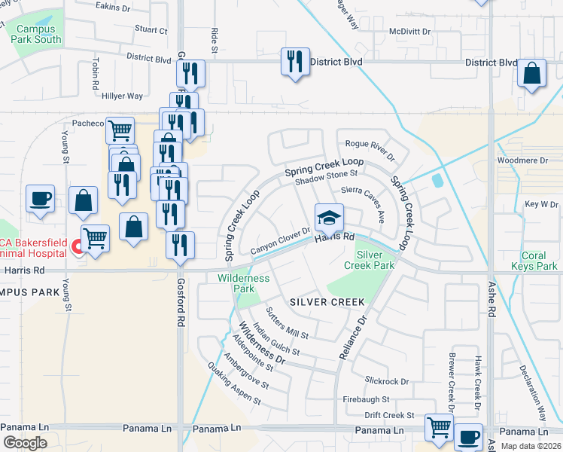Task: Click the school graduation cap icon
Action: (329, 218)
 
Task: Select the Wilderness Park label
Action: (243, 283)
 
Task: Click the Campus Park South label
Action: (37, 34)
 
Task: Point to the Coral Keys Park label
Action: (534, 261)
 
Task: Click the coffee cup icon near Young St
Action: (41, 200)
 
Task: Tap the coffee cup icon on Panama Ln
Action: (470, 436)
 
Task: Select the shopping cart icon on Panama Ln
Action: (439, 427)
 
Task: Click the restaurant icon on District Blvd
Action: (295, 60)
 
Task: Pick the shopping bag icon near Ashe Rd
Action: (531, 74)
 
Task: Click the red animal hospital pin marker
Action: (76, 246)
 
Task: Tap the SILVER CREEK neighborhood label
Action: (327, 302)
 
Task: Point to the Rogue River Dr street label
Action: (370, 149)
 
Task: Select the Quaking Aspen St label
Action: (235, 383)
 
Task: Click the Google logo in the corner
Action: (25, 443)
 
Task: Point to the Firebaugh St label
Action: (366, 399)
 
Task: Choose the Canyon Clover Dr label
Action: (280, 241)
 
